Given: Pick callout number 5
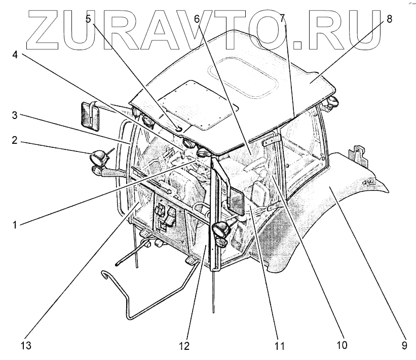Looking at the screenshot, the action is tap(89, 19).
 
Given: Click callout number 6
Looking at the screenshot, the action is tap(197, 19).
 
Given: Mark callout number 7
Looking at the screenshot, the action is tap(282, 19).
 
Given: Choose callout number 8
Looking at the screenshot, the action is tap(389, 19).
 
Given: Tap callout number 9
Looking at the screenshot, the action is tap(404, 346).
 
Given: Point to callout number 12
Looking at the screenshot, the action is tap(184, 346).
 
